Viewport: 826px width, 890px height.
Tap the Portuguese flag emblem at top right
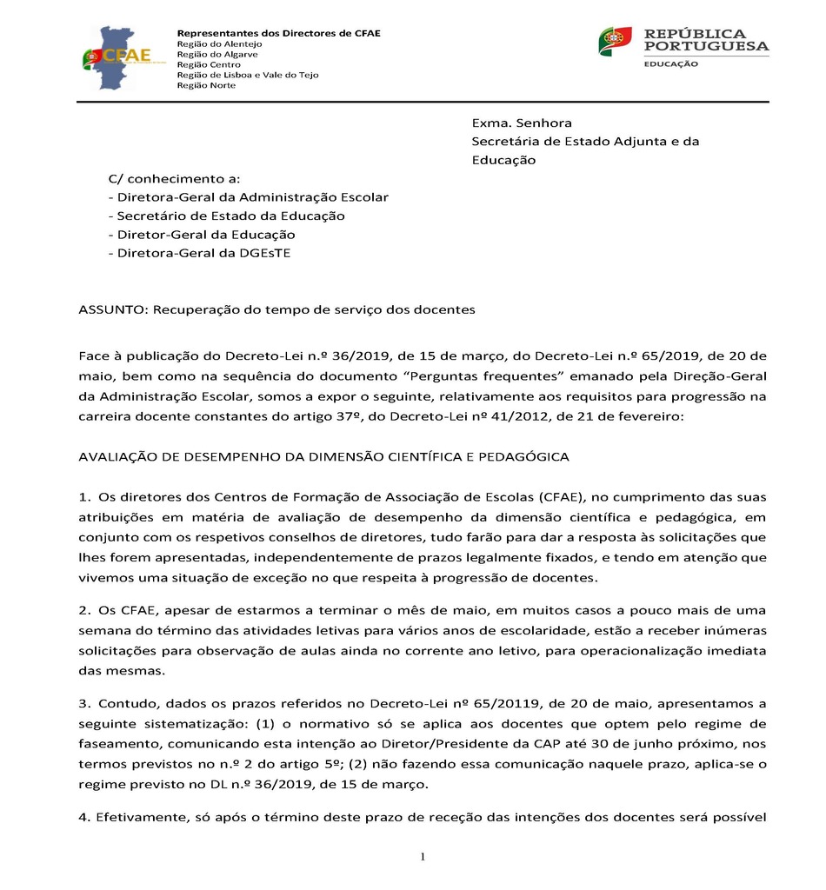click(x=615, y=42)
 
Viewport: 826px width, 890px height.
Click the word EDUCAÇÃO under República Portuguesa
click(x=670, y=64)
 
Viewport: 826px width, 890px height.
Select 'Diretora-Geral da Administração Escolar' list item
click(x=248, y=197)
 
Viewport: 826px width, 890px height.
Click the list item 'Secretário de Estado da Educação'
click(x=226, y=216)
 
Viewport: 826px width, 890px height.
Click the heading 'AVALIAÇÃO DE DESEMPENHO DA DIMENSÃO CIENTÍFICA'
click(x=323, y=455)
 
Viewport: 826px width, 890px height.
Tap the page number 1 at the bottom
click(x=423, y=859)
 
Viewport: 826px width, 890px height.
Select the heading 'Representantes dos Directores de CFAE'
click(x=278, y=33)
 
